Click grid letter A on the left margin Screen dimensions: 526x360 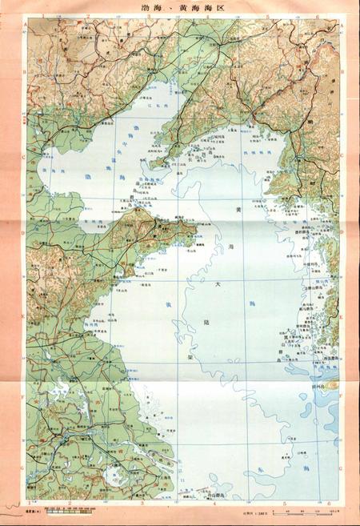click(x=25, y=24)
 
